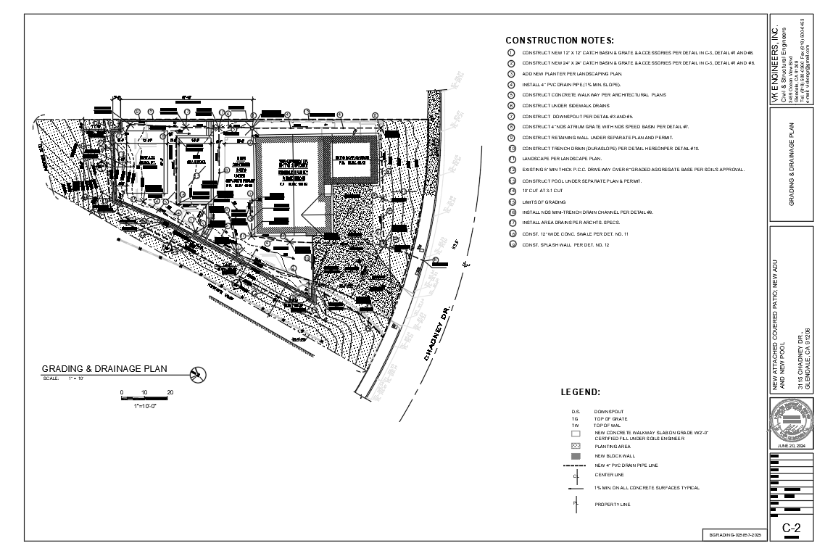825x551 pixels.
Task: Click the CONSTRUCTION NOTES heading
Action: coord(560,41)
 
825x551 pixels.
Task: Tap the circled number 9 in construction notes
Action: coord(511,137)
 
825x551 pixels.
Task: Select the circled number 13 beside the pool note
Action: coord(511,180)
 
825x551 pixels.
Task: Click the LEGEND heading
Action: coord(580,392)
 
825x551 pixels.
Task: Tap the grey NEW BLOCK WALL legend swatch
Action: coord(576,456)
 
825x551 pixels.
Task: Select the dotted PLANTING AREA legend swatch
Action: coord(576,446)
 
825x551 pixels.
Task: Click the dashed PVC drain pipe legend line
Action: coord(576,465)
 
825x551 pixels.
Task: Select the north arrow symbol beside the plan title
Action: coord(196,374)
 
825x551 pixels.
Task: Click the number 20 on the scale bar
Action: coord(170,392)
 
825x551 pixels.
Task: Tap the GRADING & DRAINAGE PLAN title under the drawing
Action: coord(104,369)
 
